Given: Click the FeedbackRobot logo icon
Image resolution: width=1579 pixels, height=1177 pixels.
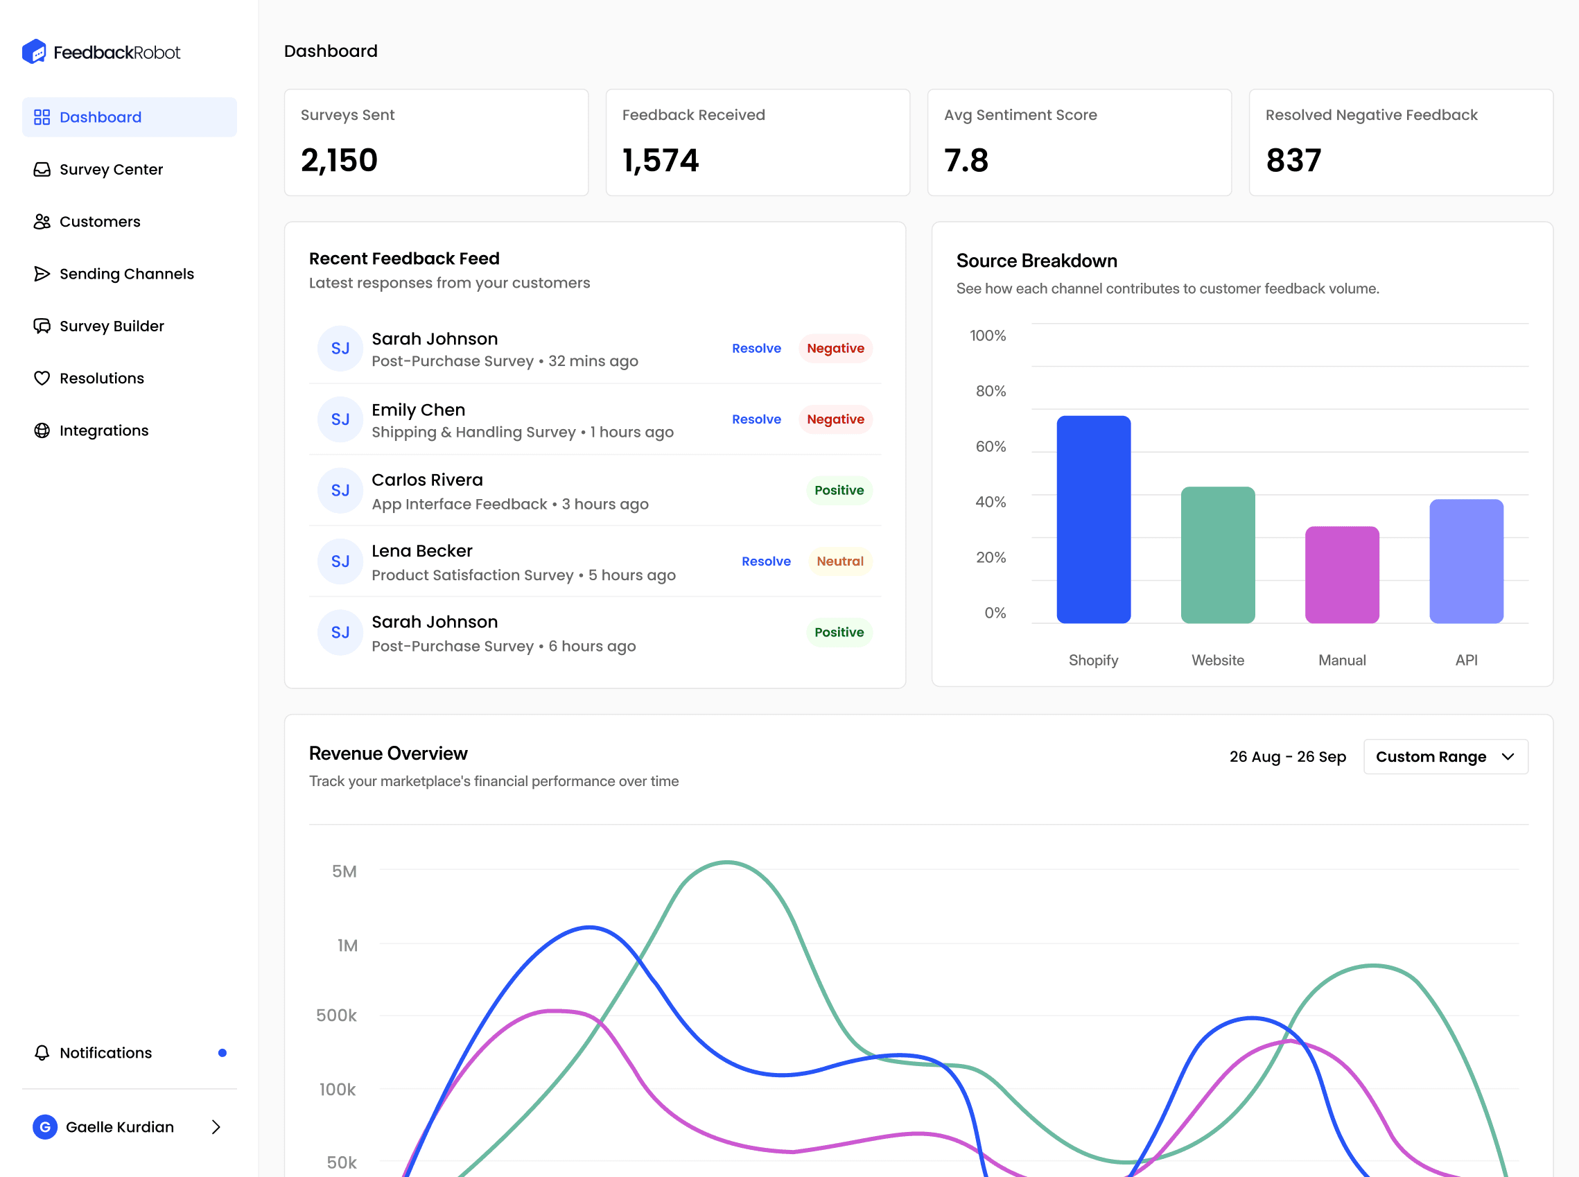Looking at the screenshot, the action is pyautogui.click(x=34, y=51).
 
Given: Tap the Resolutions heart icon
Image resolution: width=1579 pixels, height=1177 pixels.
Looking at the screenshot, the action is pyautogui.click(x=42, y=378).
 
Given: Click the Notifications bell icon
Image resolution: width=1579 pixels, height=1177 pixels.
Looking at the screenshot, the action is pyautogui.click(x=42, y=1053).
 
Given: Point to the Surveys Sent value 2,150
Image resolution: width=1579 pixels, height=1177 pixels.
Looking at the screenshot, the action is pyautogui.click(x=339, y=160).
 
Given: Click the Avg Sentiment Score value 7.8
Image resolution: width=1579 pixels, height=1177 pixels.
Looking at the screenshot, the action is pyautogui.click(x=966, y=160).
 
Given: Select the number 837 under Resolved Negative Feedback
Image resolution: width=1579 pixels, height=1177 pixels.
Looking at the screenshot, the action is pyautogui.click(x=1293, y=160).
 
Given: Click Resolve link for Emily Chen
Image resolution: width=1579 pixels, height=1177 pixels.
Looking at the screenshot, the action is pyautogui.click(x=757, y=419).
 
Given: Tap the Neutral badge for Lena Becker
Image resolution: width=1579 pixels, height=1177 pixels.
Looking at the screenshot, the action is pyautogui.click(x=840, y=561).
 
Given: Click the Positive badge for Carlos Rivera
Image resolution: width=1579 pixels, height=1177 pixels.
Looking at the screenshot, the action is pyautogui.click(x=839, y=490).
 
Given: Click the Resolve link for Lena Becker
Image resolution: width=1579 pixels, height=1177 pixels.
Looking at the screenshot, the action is pyautogui.click(x=766, y=561).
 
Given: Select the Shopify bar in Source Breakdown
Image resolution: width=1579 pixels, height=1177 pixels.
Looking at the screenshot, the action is pyautogui.click(x=1094, y=519).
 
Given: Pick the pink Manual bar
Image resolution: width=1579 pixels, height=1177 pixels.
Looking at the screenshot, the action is pyautogui.click(x=1343, y=575).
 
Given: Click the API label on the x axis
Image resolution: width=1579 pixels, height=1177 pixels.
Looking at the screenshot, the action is pyautogui.click(x=1467, y=661).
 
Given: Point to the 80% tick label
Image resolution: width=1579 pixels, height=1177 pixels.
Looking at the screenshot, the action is pyautogui.click(x=991, y=391).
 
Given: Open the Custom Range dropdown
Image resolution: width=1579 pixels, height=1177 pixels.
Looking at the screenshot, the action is pyautogui.click(x=1446, y=757).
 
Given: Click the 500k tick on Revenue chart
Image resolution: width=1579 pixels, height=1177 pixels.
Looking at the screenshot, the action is pyautogui.click(x=336, y=1015).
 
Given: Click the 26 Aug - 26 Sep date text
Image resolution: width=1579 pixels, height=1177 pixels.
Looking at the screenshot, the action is pyautogui.click(x=1288, y=757).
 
